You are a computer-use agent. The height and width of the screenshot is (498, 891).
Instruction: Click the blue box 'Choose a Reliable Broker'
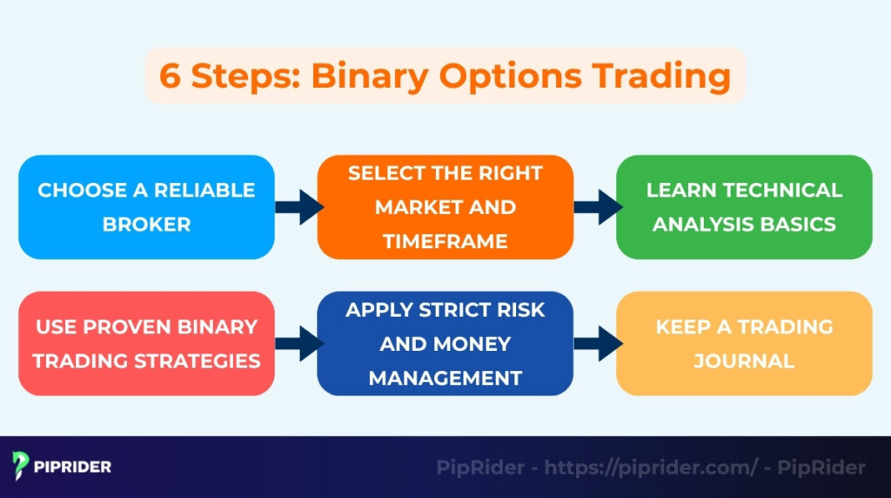146,207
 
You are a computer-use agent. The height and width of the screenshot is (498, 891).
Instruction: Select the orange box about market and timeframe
445,207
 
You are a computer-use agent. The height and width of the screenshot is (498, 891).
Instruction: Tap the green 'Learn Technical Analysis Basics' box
744,207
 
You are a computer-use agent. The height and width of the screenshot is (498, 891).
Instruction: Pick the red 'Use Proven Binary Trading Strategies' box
146,343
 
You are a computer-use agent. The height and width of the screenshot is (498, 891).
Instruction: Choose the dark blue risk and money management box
445,343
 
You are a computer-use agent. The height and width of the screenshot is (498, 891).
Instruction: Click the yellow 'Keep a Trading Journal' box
744,343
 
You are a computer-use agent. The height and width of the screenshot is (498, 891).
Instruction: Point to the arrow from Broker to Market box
298,207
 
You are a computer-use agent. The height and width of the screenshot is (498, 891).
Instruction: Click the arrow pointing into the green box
597,207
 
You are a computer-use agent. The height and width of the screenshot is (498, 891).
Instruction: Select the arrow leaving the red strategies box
298,343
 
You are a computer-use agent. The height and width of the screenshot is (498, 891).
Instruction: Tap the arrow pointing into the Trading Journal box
597,343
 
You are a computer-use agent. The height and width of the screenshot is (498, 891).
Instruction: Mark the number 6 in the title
171,76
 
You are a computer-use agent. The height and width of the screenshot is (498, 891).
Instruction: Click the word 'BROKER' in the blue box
146,224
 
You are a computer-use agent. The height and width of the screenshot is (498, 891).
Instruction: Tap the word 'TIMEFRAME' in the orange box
445,241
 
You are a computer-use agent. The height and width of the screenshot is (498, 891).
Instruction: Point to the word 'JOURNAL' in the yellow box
744,360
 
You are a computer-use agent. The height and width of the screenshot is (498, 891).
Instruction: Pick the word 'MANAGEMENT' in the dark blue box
445,378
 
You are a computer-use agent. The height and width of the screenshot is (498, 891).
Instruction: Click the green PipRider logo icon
23,467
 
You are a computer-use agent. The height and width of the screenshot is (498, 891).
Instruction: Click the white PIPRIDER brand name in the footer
73,468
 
